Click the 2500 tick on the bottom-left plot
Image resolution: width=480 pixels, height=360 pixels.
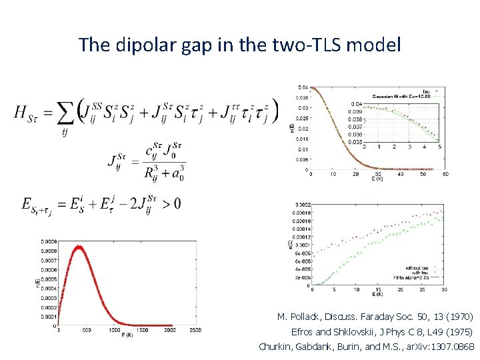[195, 330]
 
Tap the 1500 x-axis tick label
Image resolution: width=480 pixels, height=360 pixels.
[141, 330]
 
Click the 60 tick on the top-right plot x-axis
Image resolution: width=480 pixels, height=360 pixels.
[445, 175]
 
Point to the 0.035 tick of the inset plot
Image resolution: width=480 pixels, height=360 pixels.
[357, 141]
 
